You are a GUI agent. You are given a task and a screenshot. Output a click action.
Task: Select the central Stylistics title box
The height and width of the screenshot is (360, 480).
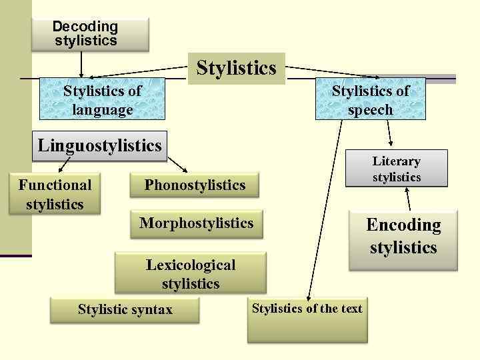(236, 68)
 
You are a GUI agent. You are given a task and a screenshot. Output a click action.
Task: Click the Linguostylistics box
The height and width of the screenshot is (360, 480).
(100, 145)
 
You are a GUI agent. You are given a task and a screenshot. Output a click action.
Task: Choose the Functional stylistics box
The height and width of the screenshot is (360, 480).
(55, 194)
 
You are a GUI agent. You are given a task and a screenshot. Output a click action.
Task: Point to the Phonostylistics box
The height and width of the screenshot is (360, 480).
(195, 185)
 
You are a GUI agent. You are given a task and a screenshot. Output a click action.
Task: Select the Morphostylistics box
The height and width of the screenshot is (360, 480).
(197, 223)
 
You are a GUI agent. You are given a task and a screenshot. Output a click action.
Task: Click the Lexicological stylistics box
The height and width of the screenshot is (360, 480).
(191, 273)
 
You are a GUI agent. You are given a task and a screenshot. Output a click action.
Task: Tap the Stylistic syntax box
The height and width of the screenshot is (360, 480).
(125, 310)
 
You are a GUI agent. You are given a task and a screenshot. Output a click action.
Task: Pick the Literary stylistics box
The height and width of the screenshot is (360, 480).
(397, 169)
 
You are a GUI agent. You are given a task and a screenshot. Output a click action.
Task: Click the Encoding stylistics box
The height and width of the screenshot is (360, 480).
(403, 236)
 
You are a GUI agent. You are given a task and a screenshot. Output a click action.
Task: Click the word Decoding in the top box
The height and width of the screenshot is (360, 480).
(85, 27)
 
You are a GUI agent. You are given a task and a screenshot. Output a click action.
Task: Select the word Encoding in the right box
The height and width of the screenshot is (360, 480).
(403, 225)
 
